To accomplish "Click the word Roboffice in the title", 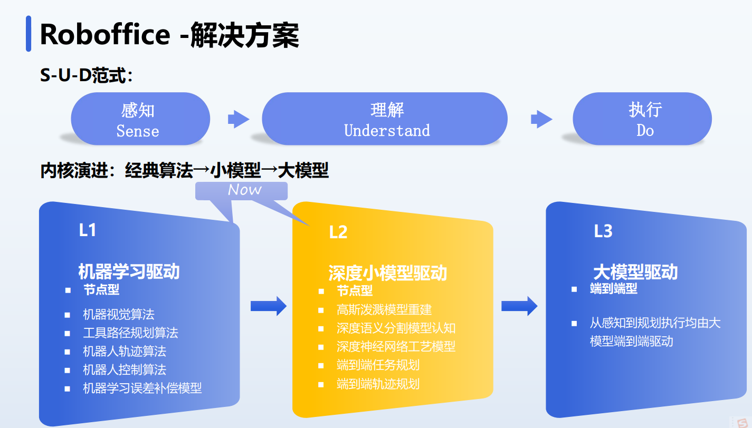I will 104,35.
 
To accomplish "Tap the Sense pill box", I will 140,120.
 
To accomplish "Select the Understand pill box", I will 385,120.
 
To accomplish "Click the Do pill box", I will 642,120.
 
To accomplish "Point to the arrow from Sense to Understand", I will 239,120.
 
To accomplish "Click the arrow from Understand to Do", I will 541,120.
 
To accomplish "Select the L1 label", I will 88,230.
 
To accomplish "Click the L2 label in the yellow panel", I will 338,232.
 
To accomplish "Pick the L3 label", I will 603,231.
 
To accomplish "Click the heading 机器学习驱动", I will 129,271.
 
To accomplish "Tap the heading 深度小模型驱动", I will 387,273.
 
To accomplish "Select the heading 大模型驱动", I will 635,272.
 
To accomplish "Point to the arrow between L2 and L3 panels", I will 519,306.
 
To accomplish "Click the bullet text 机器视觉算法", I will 119,315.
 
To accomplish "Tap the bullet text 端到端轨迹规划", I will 378,384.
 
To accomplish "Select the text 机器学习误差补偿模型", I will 142,388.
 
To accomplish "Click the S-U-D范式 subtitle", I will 86,76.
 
